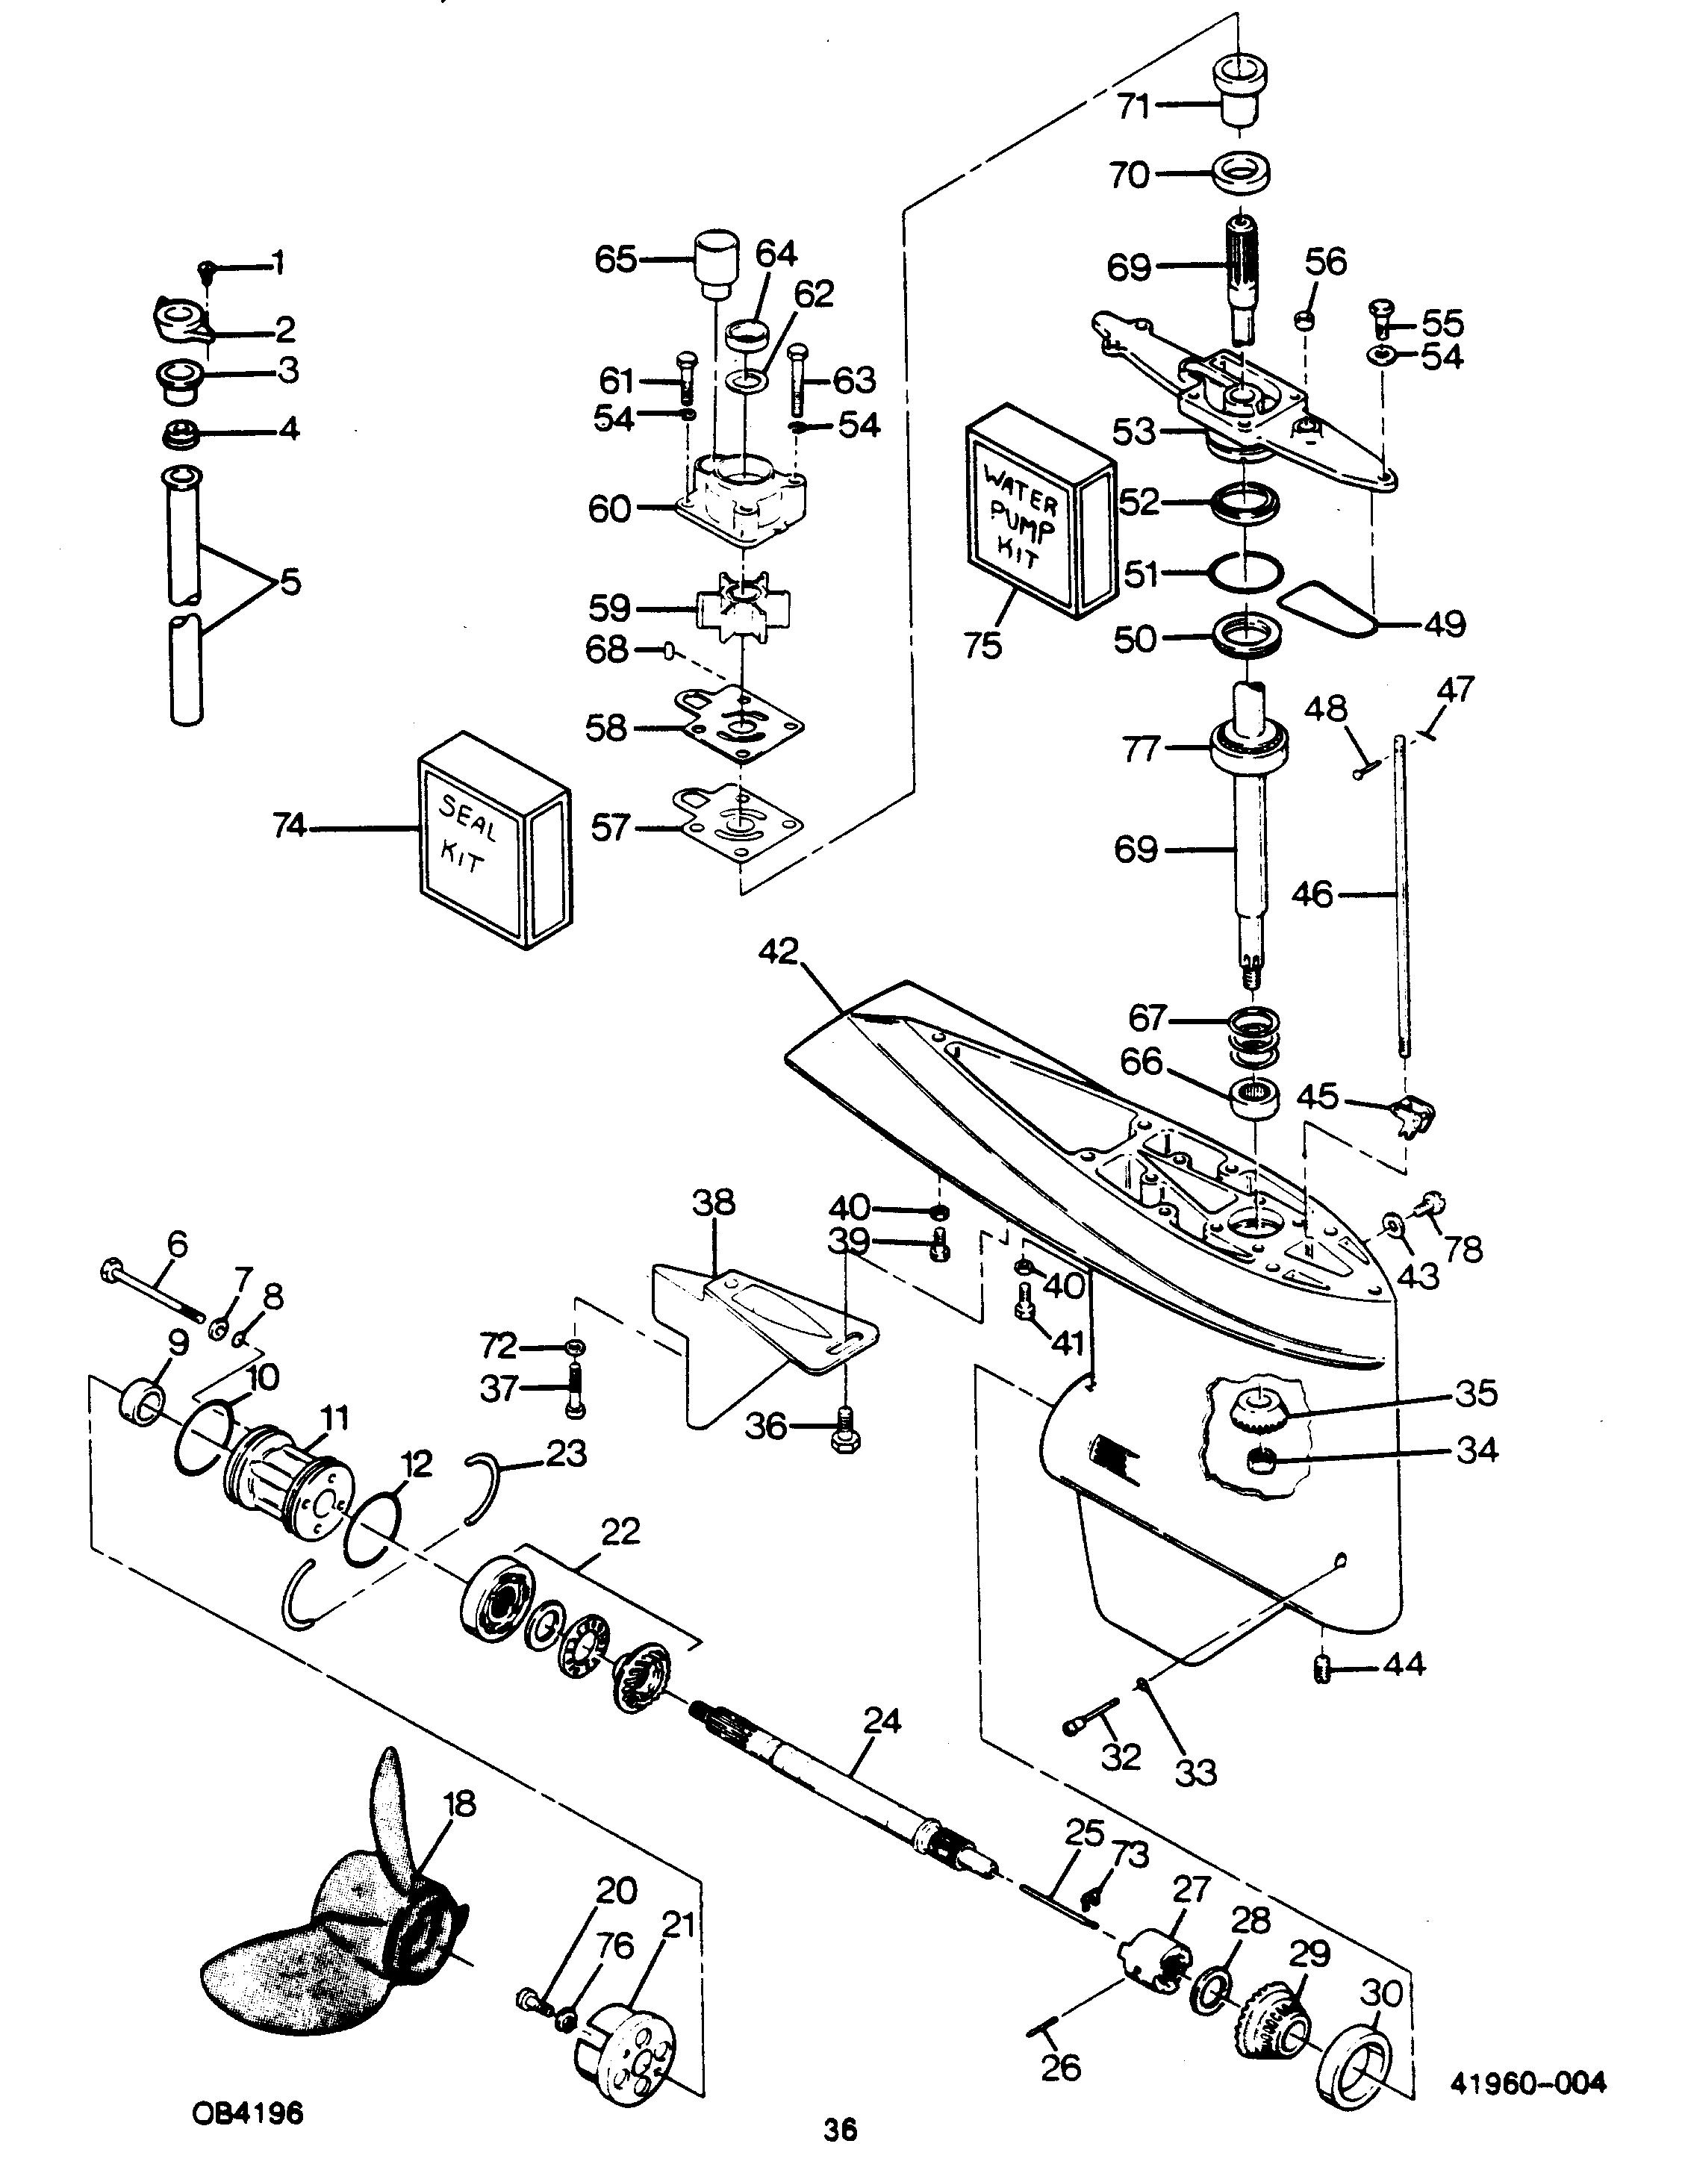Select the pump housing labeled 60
(x=741, y=498)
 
